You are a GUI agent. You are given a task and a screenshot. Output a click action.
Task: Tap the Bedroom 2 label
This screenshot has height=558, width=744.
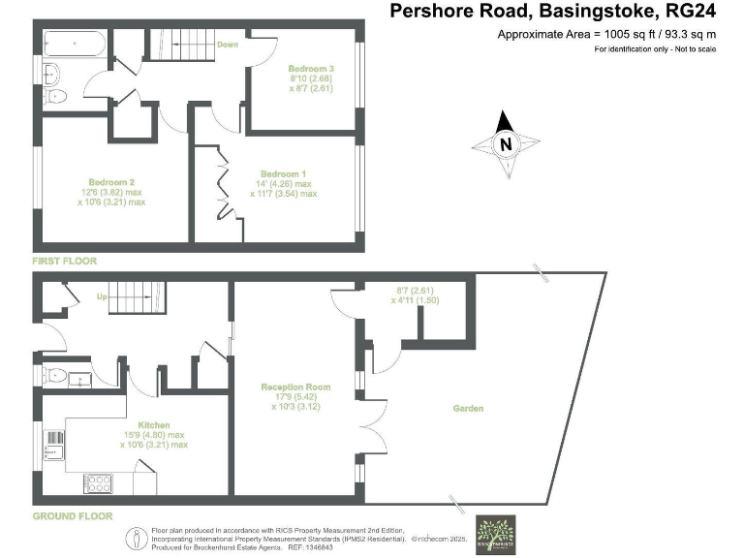coord(110,181)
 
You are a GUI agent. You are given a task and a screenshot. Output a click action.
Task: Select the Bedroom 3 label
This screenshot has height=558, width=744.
coord(311,69)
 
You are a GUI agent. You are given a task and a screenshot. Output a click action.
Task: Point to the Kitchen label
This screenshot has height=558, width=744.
coord(154,424)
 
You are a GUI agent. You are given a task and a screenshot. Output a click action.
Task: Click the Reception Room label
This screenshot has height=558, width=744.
coord(295,387)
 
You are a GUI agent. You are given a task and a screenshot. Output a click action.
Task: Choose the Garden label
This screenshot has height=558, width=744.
coord(468,408)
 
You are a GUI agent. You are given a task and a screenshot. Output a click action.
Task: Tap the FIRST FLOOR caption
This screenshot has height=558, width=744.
coord(65,261)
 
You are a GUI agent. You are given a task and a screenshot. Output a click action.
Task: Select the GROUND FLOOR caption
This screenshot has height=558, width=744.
coord(73,516)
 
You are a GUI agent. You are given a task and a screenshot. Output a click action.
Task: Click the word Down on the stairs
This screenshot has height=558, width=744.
coord(228,45)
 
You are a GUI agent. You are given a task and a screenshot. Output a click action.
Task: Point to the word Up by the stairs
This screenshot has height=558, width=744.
coord(99,297)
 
